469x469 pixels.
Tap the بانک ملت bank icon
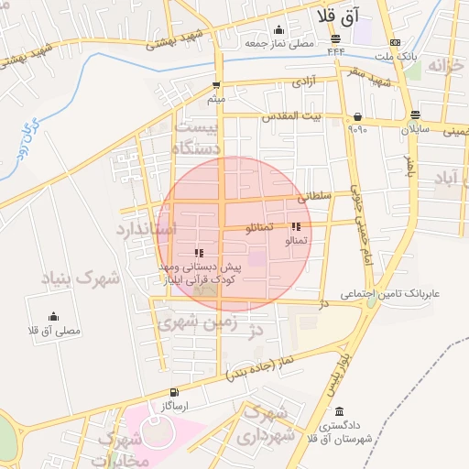pos(395,43)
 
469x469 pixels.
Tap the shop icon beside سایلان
pos(416,115)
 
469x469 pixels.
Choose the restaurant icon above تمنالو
pos(295,226)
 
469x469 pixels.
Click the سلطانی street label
pos(312,196)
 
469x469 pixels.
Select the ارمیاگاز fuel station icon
pos(174,392)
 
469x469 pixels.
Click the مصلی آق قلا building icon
pos(55,316)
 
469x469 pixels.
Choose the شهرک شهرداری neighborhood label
pos(271,425)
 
